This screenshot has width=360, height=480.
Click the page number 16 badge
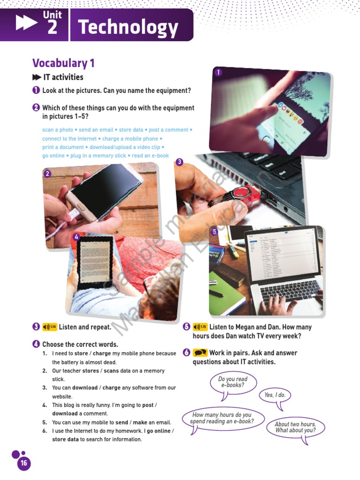pos(23,463)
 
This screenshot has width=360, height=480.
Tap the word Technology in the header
pos(128,28)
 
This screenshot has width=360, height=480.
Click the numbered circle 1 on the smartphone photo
pos(218,72)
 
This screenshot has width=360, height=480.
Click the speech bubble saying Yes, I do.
pos(275,395)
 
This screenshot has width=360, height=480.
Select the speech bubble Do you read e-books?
pos(232,382)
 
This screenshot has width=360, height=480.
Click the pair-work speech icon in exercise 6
pos(200,353)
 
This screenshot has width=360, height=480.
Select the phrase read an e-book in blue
pos(150,156)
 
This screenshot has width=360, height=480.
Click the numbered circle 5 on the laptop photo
pos(214,232)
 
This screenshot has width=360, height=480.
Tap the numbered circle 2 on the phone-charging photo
pos(47,174)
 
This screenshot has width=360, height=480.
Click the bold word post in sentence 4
pos(148,405)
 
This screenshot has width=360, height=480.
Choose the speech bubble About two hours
pos(295,427)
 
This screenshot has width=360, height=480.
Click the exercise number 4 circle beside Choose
pos(36,345)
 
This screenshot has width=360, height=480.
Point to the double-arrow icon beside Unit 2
pos(27,23)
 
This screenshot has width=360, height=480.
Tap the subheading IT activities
pos(63,77)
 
